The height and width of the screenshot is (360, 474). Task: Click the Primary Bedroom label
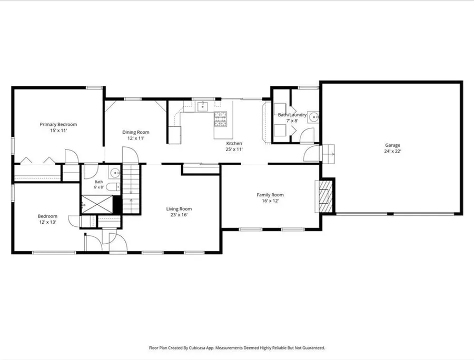[x=58, y=124]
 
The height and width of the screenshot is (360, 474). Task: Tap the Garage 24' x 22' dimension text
[x=392, y=151]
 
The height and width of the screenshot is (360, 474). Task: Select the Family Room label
[x=270, y=195]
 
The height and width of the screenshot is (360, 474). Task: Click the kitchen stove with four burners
[x=220, y=119]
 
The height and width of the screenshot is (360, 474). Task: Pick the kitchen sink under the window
[x=203, y=106]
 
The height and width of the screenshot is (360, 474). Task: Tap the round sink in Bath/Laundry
[x=314, y=116]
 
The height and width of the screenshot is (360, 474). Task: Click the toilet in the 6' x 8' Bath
[x=114, y=187]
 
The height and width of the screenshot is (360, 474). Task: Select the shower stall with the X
[x=97, y=204]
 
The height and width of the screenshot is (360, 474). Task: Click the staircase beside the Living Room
[x=131, y=188]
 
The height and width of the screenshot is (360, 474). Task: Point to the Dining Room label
[x=136, y=132]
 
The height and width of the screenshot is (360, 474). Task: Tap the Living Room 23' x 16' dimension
[x=179, y=215]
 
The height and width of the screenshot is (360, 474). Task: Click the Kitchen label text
[x=234, y=144]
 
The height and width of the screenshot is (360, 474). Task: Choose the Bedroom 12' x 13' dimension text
[x=47, y=222]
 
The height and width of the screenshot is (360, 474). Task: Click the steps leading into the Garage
[x=328, y=154]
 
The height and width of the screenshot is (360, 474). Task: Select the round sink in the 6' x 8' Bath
[x=115, y=173]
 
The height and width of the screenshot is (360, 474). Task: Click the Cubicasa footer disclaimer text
[x=237, y=348]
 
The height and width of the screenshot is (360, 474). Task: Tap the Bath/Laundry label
[x=292, y=115]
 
